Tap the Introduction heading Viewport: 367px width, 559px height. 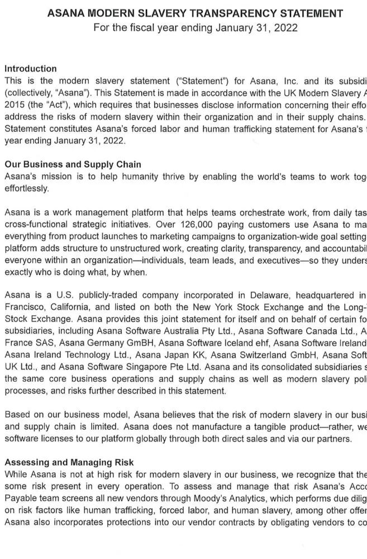coord(30,69)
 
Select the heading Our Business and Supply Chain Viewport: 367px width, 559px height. coord(73,164)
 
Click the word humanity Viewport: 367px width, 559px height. coord(128,177)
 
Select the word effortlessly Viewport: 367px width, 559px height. coord(26,188)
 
